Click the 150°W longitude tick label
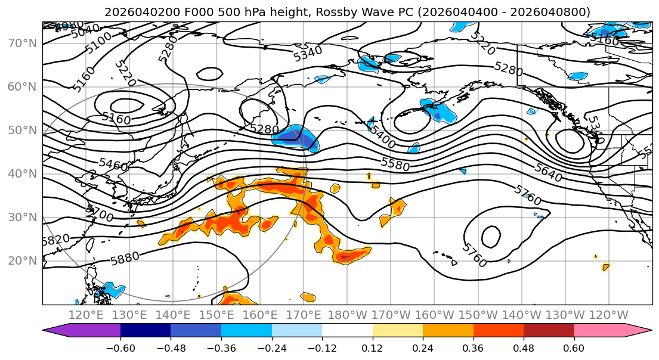point(478,315)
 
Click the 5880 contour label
point(125,257)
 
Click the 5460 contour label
point(113,165)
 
